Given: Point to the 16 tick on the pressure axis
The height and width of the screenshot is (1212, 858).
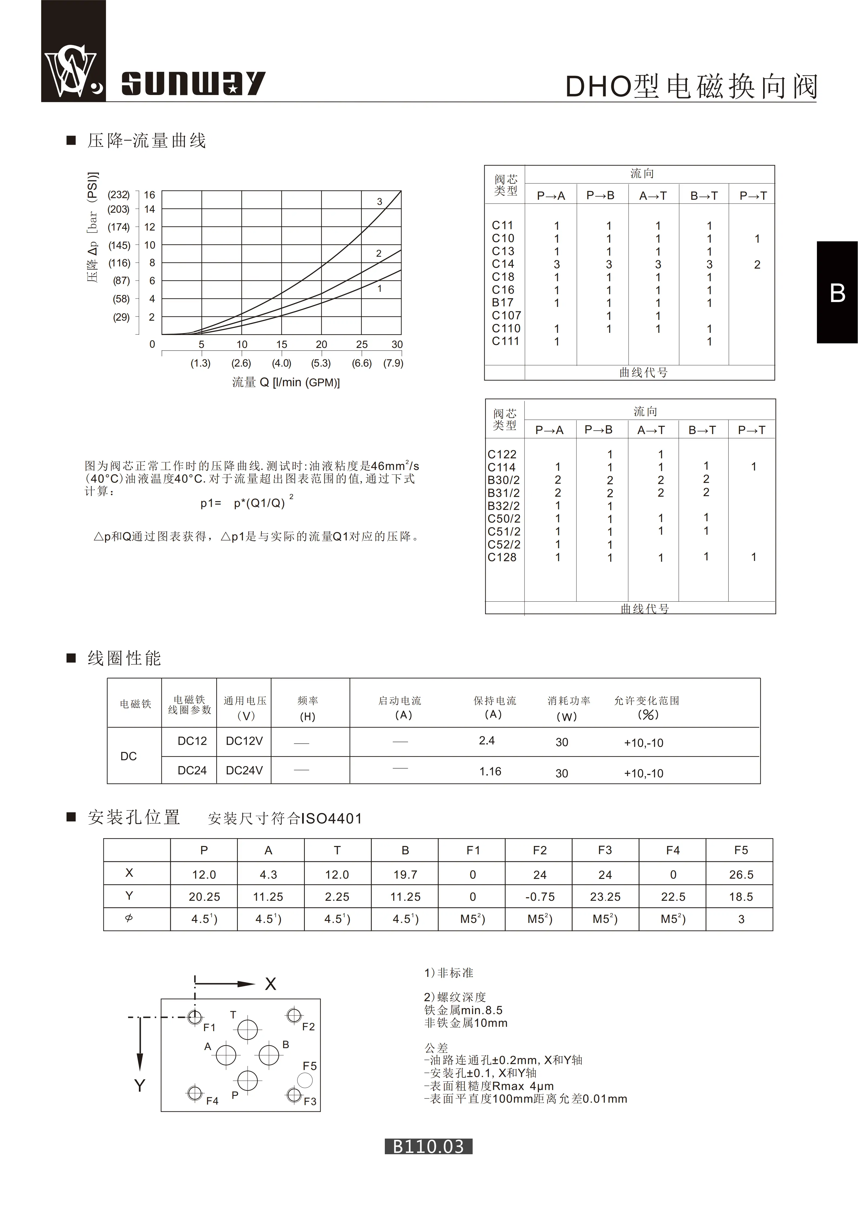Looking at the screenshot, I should coord(149,195).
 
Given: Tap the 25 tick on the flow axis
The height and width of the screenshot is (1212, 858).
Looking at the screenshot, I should coord(361,344).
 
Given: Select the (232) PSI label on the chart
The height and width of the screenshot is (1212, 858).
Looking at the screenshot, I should coord(118,195).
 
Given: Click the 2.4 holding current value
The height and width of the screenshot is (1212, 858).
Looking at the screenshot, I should coord(487,741).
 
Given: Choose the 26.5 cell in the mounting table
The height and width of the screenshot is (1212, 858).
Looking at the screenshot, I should coord(741,875).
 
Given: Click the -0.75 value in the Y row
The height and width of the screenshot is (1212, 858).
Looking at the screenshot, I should coord(539,897).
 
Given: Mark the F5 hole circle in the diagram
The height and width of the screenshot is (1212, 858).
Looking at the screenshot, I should coord(305,1081).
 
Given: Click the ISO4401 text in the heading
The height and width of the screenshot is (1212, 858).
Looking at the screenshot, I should coord(331,819).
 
